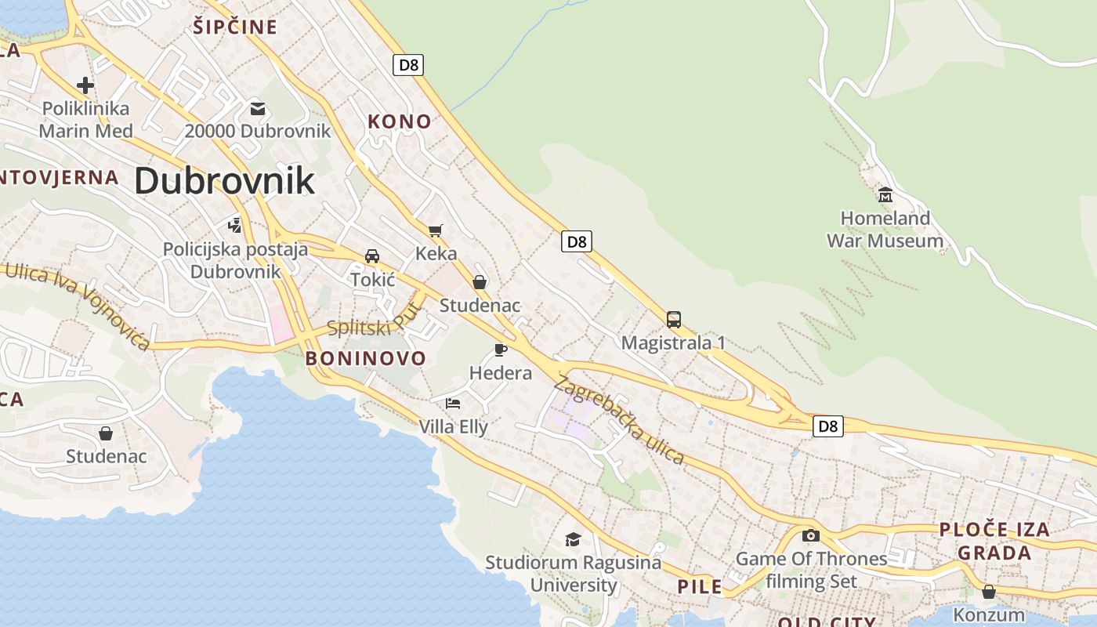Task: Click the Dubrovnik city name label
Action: [x=224, y=181]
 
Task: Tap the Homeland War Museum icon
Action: [x=885, y=194]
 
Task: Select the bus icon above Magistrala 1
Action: [x=674, y=320]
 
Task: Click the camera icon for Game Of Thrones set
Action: [x=811, y=535]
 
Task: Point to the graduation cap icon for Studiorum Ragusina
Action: [x=574, y=539]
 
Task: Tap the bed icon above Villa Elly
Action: [x=453, y=404]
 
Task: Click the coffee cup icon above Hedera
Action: [x=501, y=350]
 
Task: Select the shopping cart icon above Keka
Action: [x=436, y=230]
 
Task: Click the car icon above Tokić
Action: [x=372, y=256]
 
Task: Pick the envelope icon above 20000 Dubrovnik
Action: [x=258, y=108]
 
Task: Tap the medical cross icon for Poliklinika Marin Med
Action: [x=85, y=85]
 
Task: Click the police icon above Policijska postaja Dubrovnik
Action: [x=234, y=226]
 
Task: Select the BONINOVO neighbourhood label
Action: [x=366, y=359]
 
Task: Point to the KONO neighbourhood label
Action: [x=400, y=121]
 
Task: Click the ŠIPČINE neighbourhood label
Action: [x=235, y=27]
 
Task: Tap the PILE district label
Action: [x=700, y=586]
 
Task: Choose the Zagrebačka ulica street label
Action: [x=619, y=420]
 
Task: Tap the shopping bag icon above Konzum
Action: [x=989, y=592]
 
